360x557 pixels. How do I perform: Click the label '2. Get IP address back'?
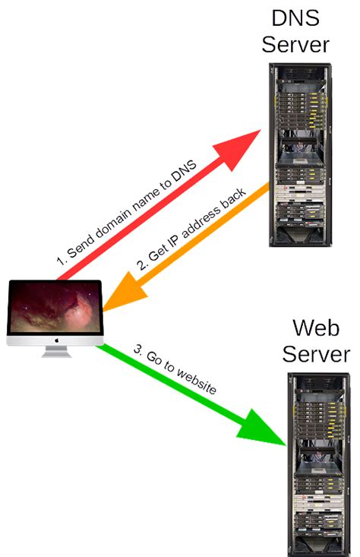click(x=182, y=236)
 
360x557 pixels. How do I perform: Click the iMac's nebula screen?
click(x=55, y=307)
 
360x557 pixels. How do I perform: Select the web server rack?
click(x=314, y=464)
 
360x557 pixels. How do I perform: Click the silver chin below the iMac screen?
click(x=55, y=339)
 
